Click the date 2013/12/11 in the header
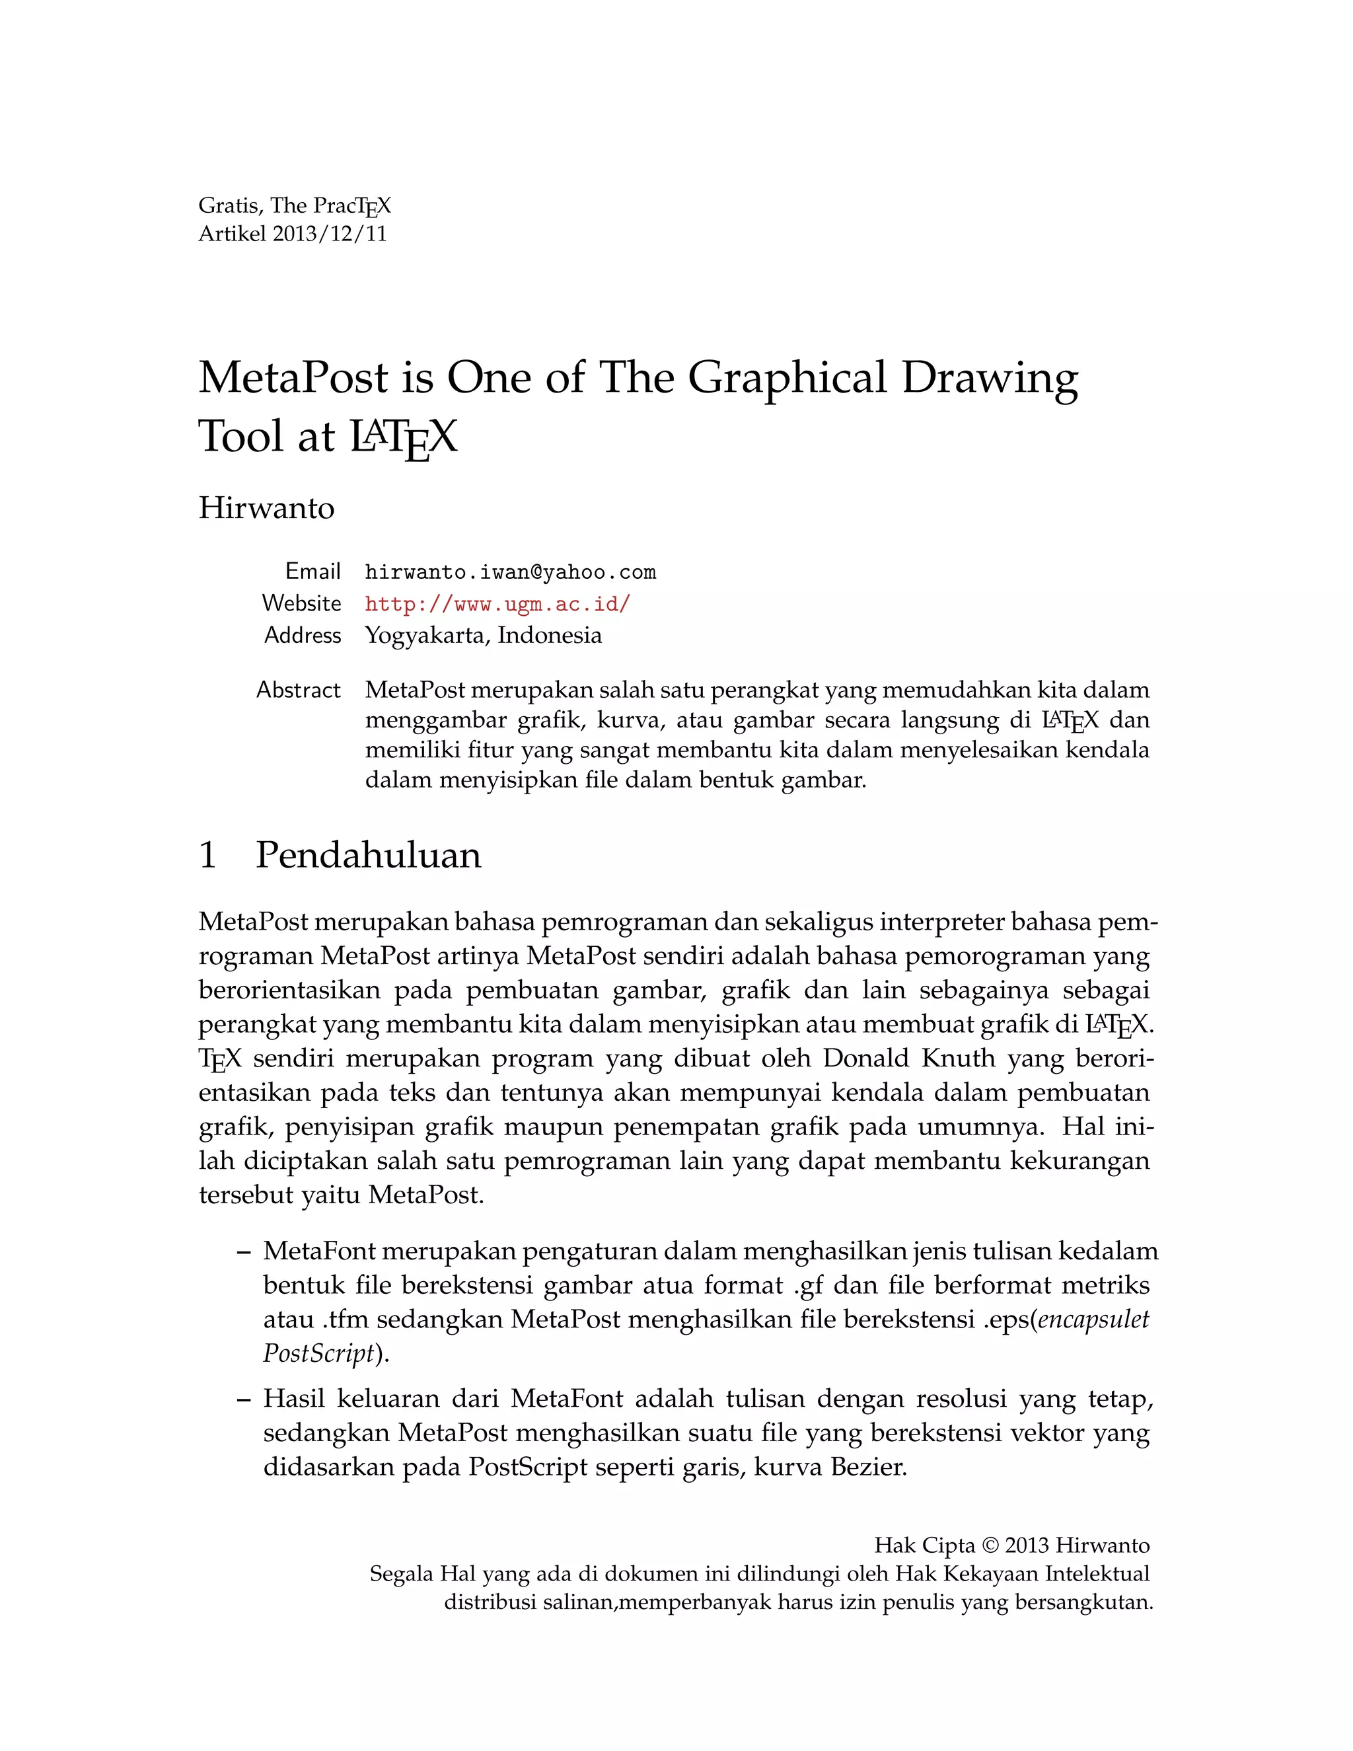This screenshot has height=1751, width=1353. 330,233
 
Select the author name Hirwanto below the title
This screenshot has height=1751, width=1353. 266,508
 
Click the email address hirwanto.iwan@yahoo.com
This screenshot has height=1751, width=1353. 511,572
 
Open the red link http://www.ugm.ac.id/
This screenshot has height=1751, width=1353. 497,604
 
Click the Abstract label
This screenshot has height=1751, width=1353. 298,690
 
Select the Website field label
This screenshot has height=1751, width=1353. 301,604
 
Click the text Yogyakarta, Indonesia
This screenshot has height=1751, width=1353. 484,636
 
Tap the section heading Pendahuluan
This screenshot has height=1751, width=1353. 368,856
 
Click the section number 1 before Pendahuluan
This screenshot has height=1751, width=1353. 207,856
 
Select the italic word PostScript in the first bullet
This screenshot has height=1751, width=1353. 318,1354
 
